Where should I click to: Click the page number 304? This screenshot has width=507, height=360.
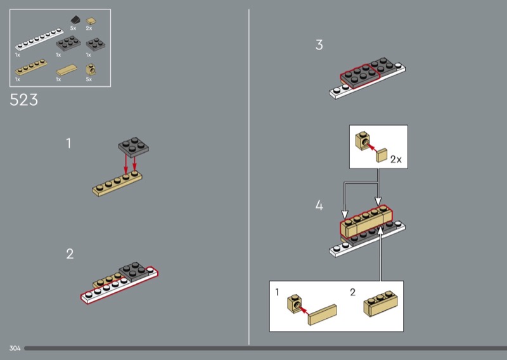click(15, 348)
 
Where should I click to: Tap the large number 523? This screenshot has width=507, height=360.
click(23, 100)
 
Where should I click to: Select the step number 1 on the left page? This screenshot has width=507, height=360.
click(68, 143)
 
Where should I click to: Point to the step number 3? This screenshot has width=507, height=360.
click(319, 45)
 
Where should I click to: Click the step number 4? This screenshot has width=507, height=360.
click(319, 205)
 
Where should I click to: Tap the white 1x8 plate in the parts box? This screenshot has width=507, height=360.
click(39, 39)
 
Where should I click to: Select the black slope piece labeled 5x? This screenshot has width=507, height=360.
click(75, 20)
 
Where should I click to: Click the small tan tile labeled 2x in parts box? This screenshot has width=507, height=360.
click(91, 21)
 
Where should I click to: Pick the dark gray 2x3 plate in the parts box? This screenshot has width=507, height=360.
click(68, 43)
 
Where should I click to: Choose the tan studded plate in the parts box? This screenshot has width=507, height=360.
click(31, 67)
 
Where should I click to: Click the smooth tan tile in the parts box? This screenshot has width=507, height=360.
click(67, 70)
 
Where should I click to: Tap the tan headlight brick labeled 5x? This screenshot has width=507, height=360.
click(91, 69)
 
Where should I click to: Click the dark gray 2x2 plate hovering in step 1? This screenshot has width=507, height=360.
click(134, 147)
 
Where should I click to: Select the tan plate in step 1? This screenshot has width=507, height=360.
click(117, 183)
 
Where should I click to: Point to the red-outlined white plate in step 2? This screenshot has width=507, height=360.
click(119, 286)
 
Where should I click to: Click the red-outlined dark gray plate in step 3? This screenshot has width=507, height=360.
click(359, 76)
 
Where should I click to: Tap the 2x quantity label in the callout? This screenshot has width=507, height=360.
click(395, 159)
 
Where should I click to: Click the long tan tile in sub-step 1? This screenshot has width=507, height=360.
click(323, 314)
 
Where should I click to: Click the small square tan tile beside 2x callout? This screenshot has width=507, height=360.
click(382, 155)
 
